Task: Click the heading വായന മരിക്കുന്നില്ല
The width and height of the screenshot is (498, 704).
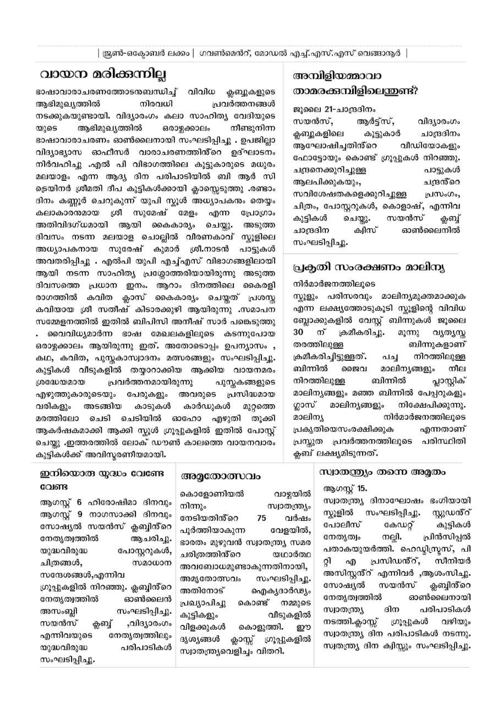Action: tap(103, 74)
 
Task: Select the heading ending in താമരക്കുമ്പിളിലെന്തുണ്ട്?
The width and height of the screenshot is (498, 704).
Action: tap(355, 91)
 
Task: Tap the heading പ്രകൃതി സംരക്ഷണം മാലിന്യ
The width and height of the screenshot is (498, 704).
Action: tap(369, 267)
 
